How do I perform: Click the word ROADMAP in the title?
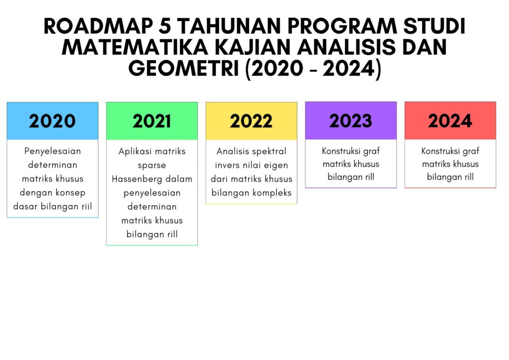(x=98, y=26)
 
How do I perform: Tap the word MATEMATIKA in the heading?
(x=135, y=47)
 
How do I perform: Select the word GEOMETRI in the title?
(x=184, y=68)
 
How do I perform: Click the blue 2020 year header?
(x=53, y=121)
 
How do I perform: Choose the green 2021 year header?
(x=152, y=121)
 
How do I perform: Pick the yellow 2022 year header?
(x=251, y=121)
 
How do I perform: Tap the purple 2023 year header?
(x=351, y=120)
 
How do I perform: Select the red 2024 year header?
(x=450, y=120)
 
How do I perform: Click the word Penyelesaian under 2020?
(x=53, y=151)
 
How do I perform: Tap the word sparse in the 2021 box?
(x=152, y=166)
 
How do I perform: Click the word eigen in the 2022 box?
(x=276, y=166)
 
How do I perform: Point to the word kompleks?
(x=272, y=193)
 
